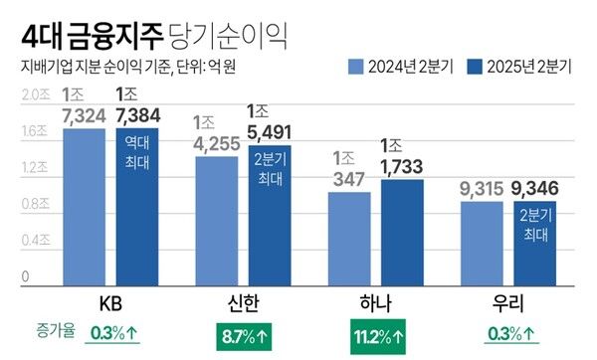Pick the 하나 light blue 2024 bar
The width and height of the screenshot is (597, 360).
coord(348,239)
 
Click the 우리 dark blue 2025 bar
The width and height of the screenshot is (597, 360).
coord(534,244)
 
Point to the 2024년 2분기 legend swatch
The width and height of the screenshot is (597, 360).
coord(356,68)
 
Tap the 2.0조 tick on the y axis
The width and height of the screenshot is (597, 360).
coord(35,94)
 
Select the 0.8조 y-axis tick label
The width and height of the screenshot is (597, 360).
coord(35,204)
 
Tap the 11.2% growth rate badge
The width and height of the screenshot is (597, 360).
coord(376,334)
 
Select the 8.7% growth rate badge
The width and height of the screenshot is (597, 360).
coord(244,334)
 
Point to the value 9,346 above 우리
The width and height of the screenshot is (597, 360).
coord(535,188)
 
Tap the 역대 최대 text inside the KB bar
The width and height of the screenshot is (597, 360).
coord(136,149)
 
